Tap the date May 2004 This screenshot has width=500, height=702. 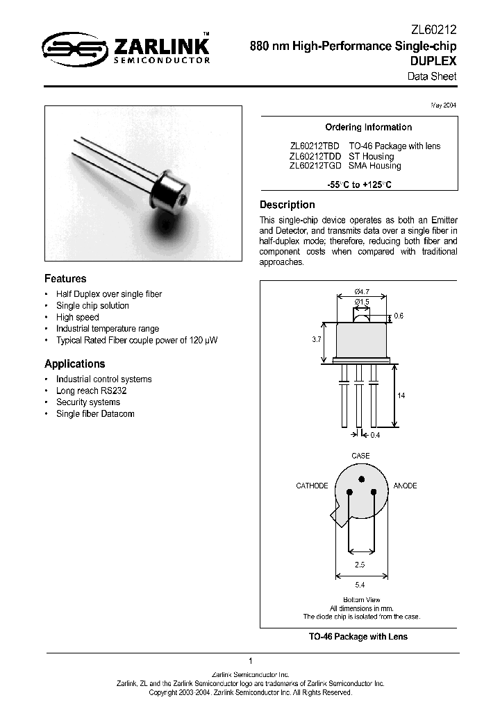pos(444,105)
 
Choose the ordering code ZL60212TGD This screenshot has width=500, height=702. pos(315,166)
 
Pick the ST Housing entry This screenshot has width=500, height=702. pos(371,156)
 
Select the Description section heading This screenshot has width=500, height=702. pos(287,205)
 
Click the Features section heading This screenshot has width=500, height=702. pos(65,278)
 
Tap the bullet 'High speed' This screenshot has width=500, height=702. pos(77,317)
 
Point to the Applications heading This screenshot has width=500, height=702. pos(74,363)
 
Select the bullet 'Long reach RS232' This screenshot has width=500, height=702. pos(91,391)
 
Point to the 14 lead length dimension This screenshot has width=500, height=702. pos(401,395)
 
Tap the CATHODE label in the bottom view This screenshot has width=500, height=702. pos(312,486)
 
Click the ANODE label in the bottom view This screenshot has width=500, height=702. pos(405,486)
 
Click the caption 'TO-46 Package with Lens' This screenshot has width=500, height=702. pos(358,637)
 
